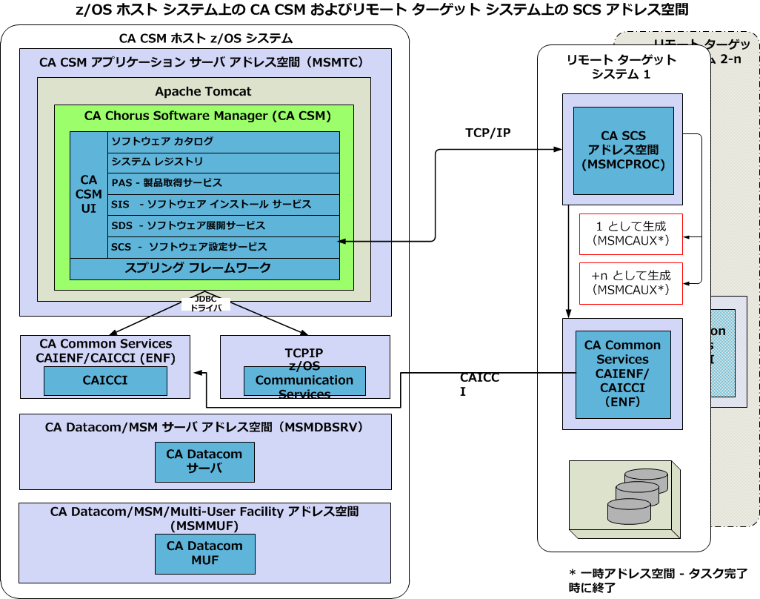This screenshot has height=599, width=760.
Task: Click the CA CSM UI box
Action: [89, 194]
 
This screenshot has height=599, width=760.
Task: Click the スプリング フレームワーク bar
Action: [204, 268]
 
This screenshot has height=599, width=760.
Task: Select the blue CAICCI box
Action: [105, 381]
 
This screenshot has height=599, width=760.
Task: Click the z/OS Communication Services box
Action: [304, 381]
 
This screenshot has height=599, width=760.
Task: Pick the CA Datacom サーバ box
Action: [204, 462]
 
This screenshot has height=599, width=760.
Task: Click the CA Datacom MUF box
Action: [204, 553]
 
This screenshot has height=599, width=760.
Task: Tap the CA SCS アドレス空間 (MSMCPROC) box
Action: [623, 150]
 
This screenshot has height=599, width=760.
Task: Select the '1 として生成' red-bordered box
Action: [630, 234]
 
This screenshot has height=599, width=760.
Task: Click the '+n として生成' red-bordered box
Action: [630, 282]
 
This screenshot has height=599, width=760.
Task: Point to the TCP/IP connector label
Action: [487, 133]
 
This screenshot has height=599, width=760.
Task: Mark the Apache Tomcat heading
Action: [203, 92]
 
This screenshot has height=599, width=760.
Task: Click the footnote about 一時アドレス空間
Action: [658, 580]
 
